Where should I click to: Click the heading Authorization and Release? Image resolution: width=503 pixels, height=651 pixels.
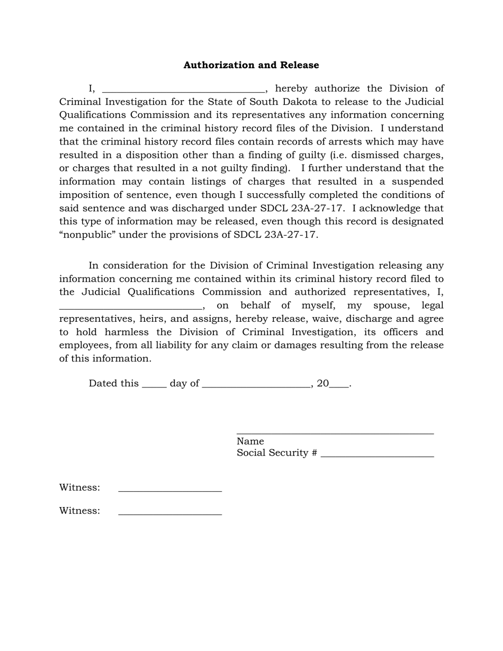tap(251, 65)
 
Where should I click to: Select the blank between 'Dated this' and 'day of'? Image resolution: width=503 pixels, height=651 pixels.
tap(155, 385)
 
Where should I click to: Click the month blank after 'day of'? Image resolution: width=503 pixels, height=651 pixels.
tap(256, 385)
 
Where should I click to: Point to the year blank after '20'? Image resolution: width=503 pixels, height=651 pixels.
tap(339, 385)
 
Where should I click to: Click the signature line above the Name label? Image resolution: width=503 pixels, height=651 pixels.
tap(335, 432)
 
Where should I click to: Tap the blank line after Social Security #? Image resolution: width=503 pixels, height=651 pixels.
tap(377, 455)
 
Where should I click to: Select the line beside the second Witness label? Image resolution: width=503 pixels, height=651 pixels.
tap(170, 513)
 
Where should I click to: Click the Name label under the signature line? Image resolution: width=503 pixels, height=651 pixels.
tap(250, 441)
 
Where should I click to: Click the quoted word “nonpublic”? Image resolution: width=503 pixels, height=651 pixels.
tap(87, 235)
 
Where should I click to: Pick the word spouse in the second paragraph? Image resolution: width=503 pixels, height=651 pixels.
tap(389, 305)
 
